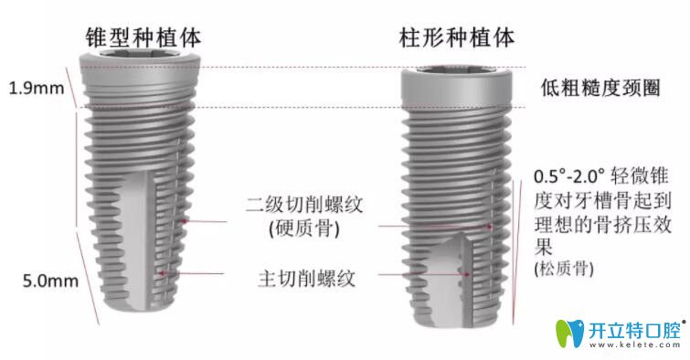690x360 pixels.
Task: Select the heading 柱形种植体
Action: click(x=456, y=37)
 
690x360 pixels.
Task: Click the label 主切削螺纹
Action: click(x=301, y=275)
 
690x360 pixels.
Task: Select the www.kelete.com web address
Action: click(x=633, y=347)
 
